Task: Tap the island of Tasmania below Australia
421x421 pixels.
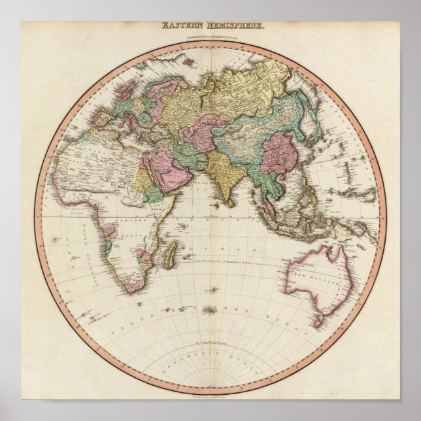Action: (x=318, y=322)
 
